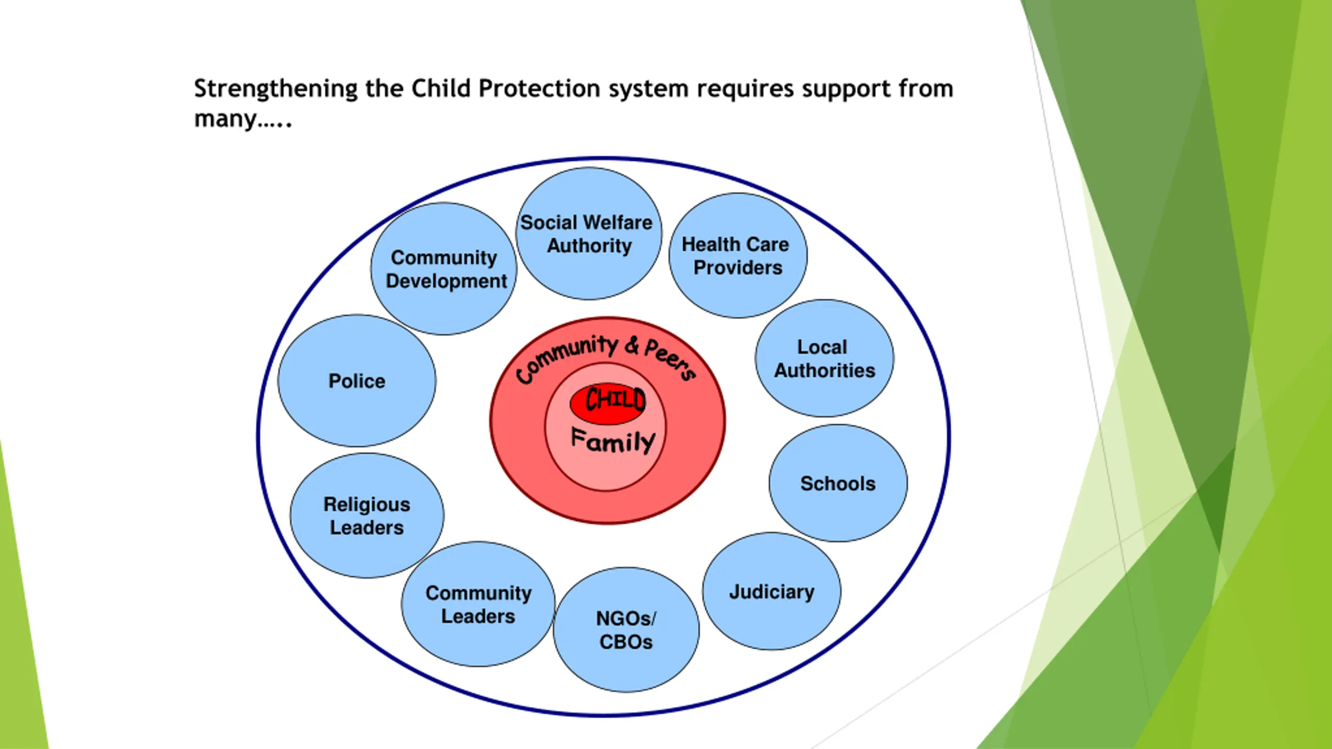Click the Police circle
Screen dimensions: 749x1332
(x=357, y=381)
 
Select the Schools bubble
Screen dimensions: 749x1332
(x=838, y=483)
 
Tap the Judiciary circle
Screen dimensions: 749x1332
(x=772, y=591)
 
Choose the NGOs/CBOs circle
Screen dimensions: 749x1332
(x=626, y=630)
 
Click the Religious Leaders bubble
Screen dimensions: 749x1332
(x=367, y=515)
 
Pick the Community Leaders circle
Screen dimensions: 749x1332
(x=478, y=604)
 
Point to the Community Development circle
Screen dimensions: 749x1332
(x=444, y=269)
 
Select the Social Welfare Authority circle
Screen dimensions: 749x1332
(x=588, y=234)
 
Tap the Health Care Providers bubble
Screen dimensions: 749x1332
(x=737, y=255)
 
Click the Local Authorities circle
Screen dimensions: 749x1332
(x=824, y=358)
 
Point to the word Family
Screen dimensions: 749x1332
(x=613, y=441)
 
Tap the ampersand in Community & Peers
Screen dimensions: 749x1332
(x=632, y=345)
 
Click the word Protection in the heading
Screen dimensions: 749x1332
(x=539, y=88)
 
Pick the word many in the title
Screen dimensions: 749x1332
(x=225, y=119)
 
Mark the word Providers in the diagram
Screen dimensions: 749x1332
(x=738, y=267)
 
